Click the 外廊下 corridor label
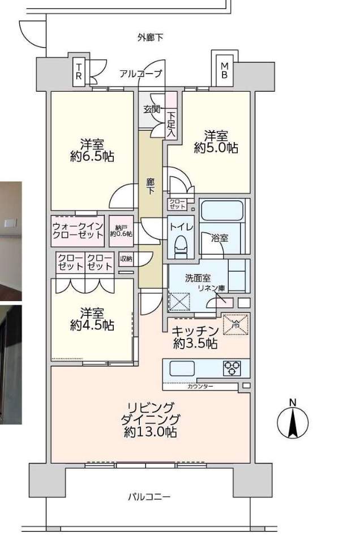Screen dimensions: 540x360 point(150,38)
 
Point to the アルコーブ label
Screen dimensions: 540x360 point(140,74)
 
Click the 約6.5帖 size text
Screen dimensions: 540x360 point(92,156)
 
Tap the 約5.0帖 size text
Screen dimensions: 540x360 point(216,148)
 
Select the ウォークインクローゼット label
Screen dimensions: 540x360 point(78,230)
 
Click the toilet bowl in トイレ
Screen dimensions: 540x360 point(181,244)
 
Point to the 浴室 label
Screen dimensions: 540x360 point(220,238)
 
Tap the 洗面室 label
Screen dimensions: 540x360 point(198,278)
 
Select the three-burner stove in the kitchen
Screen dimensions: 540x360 point(232,368)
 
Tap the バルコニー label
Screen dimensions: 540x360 point(149,498)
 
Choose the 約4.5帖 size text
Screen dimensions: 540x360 point(92,325)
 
